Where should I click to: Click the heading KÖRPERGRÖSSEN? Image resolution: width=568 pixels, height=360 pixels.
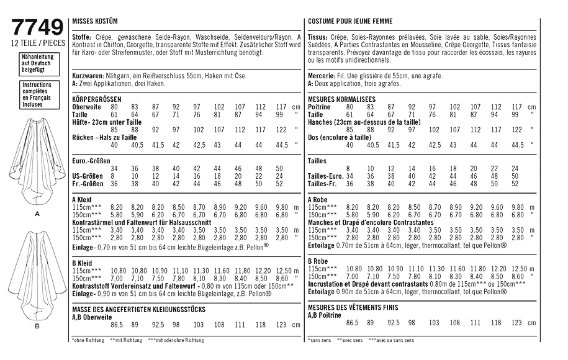(97, 99)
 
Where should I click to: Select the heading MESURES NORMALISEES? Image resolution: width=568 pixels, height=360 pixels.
(341, 99)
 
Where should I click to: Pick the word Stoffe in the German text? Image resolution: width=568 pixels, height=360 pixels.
(82, 37)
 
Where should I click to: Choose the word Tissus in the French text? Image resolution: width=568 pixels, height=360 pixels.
(318, 37)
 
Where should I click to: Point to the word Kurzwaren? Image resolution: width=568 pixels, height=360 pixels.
(86, 74)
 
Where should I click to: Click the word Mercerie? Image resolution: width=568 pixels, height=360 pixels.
(322, 74)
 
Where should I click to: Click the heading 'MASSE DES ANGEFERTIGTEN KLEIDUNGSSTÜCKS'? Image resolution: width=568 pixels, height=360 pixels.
(138, 308)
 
